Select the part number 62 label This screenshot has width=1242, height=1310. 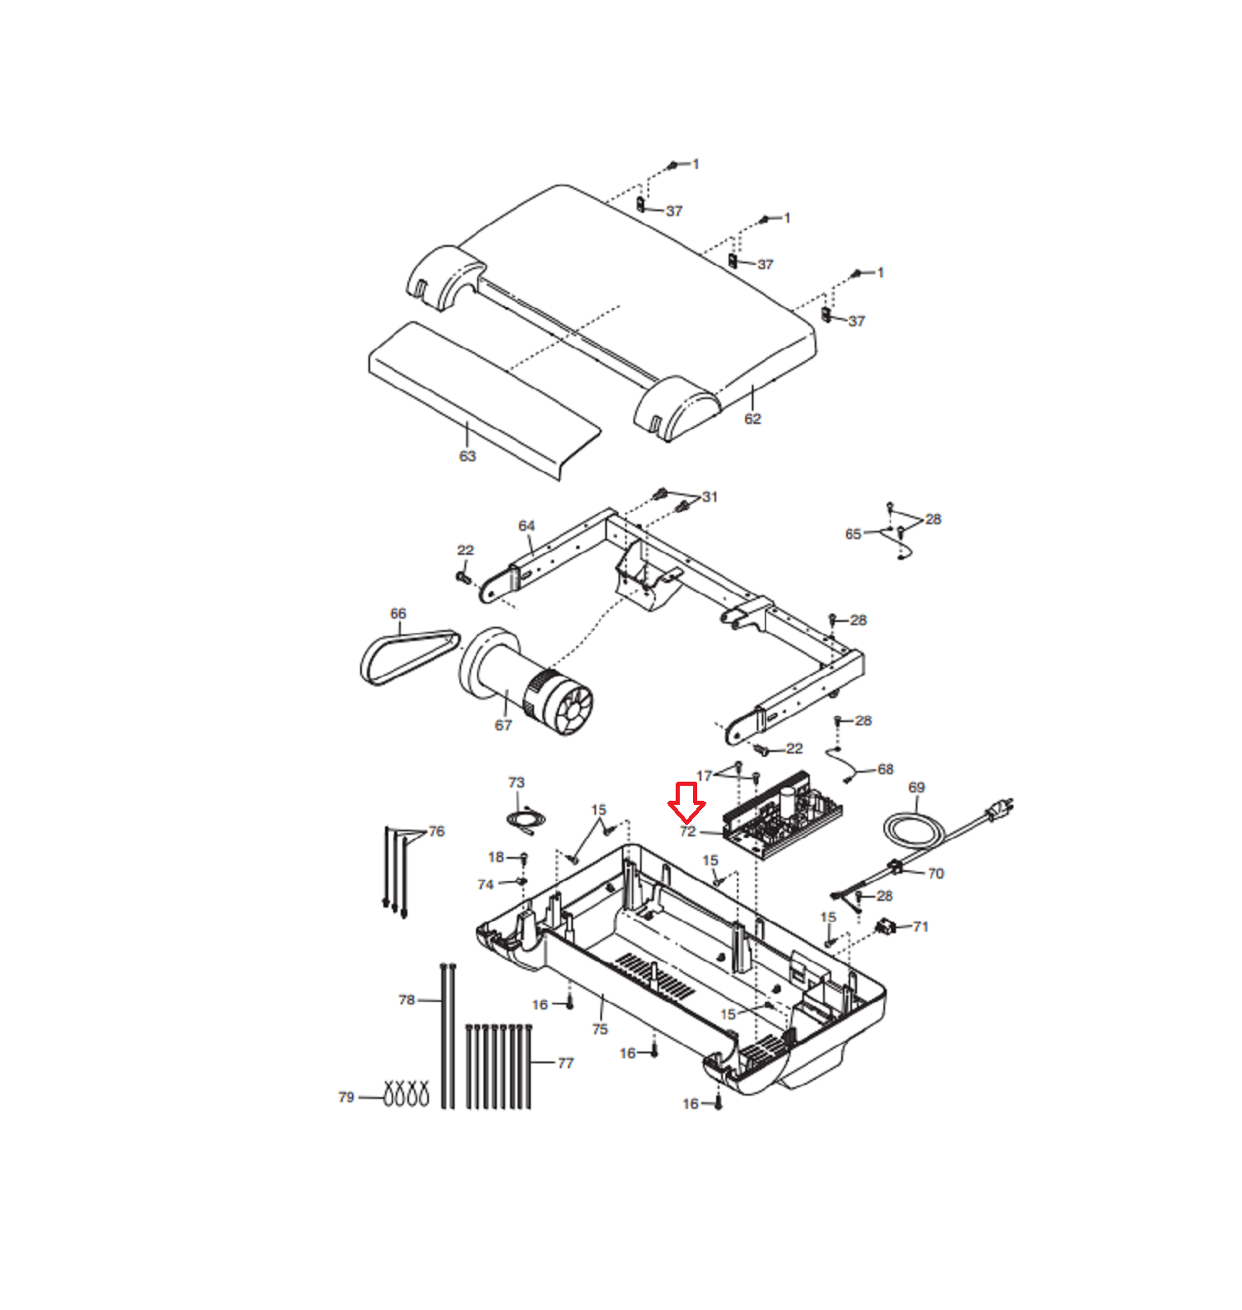pos(753,419)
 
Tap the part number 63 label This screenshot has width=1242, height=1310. pos(468,456)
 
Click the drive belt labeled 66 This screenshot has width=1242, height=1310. pos(409,657)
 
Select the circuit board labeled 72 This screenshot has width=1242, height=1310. pos(782,816)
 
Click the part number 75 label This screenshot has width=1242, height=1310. pos(600,1029)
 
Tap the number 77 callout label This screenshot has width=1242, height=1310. pos(566,1063)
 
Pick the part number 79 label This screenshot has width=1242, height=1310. pos(347,1097)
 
